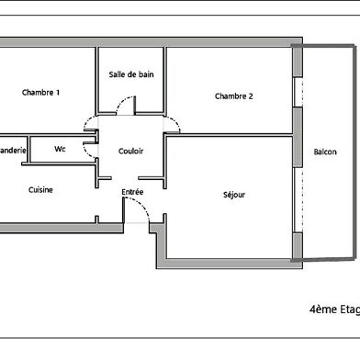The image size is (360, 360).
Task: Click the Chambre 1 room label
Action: [x=40, y=92]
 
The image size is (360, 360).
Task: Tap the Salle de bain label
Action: [x=130, y=74]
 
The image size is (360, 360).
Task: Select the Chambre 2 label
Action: [x=233, y=96]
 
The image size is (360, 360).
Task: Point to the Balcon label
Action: [x=324, y=152]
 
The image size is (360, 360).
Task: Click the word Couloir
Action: [x=130, y=151]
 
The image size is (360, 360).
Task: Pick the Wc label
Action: [x=60, y=149]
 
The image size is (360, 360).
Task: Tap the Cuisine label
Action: [x=40, y=190]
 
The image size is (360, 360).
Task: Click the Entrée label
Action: [x=133, y=191]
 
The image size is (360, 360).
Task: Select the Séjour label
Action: [x=234, y=194]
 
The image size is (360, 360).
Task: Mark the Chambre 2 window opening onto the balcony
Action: [x=297, y=92]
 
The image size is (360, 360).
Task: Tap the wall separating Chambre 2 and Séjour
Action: [x=230, y=135]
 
